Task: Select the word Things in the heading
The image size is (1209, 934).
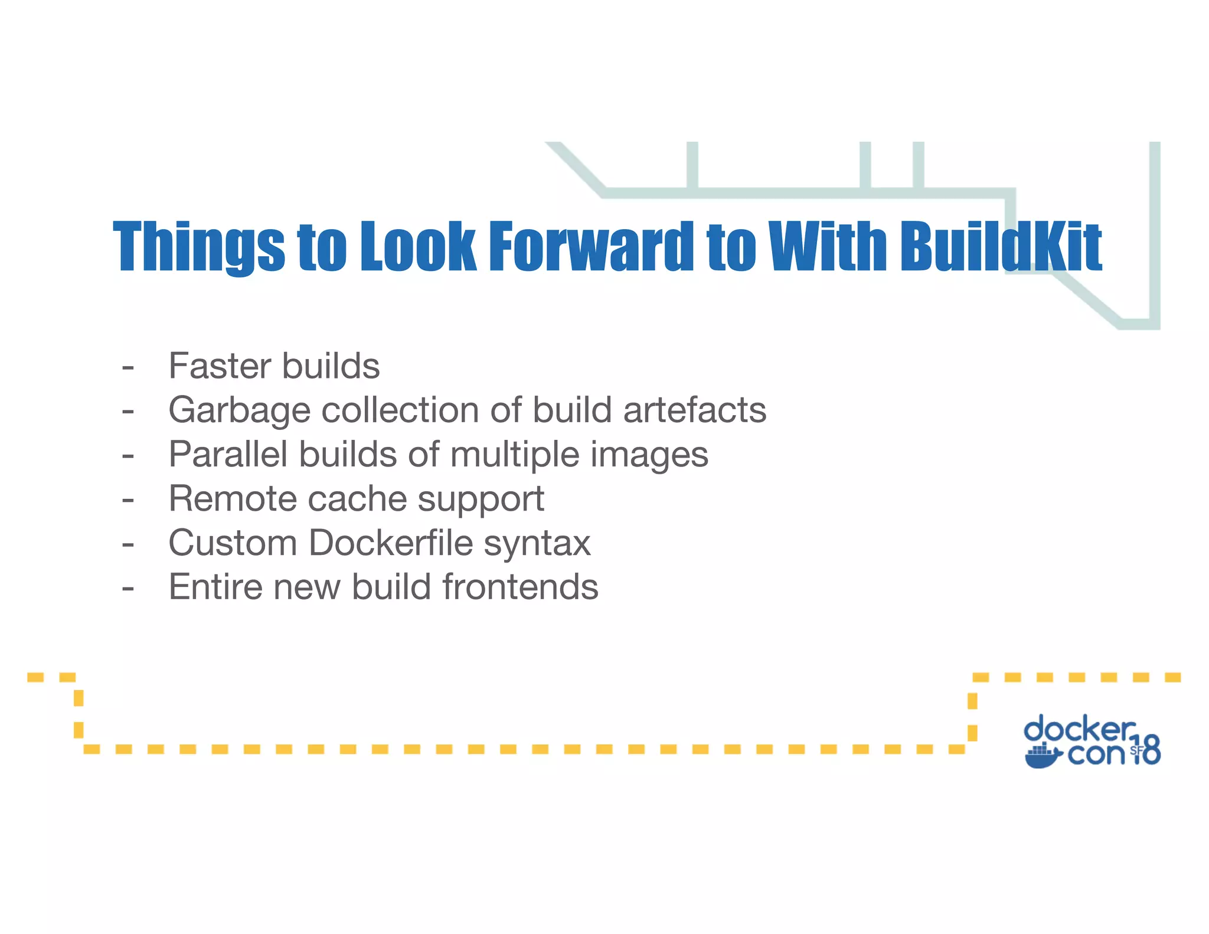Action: tap(198, 246)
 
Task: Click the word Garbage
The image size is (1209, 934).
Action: tap(239, 411)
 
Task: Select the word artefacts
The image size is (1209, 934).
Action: tap(695, 410)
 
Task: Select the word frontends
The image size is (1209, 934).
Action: tap(520, 587)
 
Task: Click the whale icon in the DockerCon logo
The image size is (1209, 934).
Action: tap(1043, 756)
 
